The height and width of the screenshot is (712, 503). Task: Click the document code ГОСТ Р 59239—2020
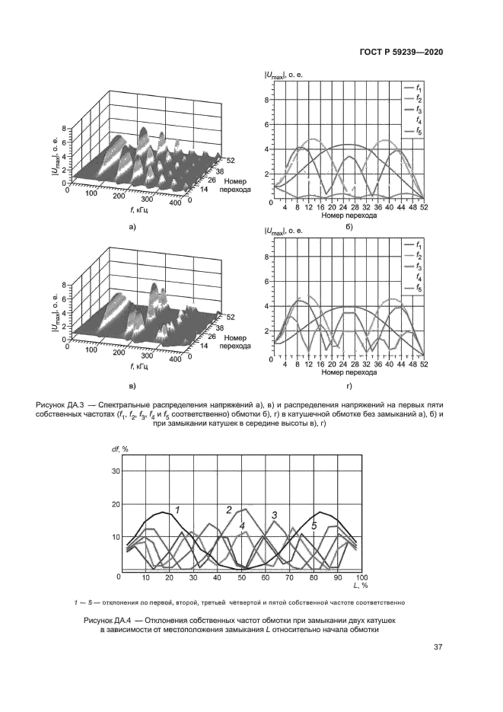pyautogui.click(x=401, y=53)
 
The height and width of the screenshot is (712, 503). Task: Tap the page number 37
pyautogui.click(x=438, y=647)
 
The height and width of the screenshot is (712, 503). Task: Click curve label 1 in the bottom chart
pyautogui.click(x=178, y=510)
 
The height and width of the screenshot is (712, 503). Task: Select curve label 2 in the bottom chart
pyautogui.click(x=229, y=510)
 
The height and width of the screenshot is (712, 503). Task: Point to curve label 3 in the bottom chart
pyautogui.click(x=275, y=516)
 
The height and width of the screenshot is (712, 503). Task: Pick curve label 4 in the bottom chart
pyautogui.click(x=242, y=526)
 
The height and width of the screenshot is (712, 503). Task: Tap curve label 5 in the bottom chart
pyautogui.click(x=314, y=526)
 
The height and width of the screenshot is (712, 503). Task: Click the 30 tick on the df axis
pyautogui.click(x=116, y=471)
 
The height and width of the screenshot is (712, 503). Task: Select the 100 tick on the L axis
pyautogui.click(x=361, y=577)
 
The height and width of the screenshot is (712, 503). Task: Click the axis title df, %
pyautogui.click(x=120, y=449)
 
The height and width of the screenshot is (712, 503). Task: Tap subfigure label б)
pyautogui.click(x=349, y=227)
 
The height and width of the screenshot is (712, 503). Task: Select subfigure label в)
pyautogui.click(x=132, y=386)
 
